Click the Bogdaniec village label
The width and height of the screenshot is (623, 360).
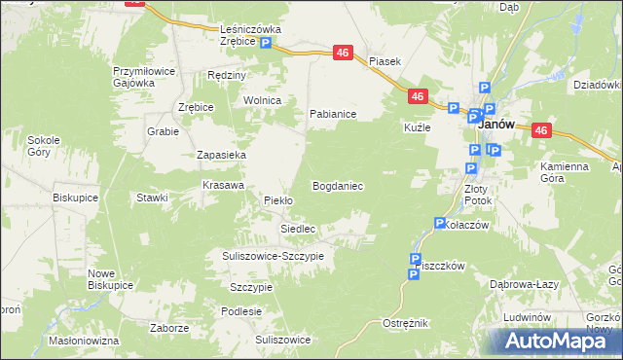[338, 185]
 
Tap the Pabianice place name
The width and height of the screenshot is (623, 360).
[333, 114]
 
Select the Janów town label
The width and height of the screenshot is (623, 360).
[495, 126]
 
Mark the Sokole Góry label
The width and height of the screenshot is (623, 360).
[45, 146]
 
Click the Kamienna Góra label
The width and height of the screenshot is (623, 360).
[565, 172]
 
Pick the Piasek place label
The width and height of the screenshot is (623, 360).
[385, 61]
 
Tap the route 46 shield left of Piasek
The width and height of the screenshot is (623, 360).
[343, 54]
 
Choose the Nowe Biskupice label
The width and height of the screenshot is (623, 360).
[110, 279]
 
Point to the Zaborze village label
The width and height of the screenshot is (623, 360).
[169, 328]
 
